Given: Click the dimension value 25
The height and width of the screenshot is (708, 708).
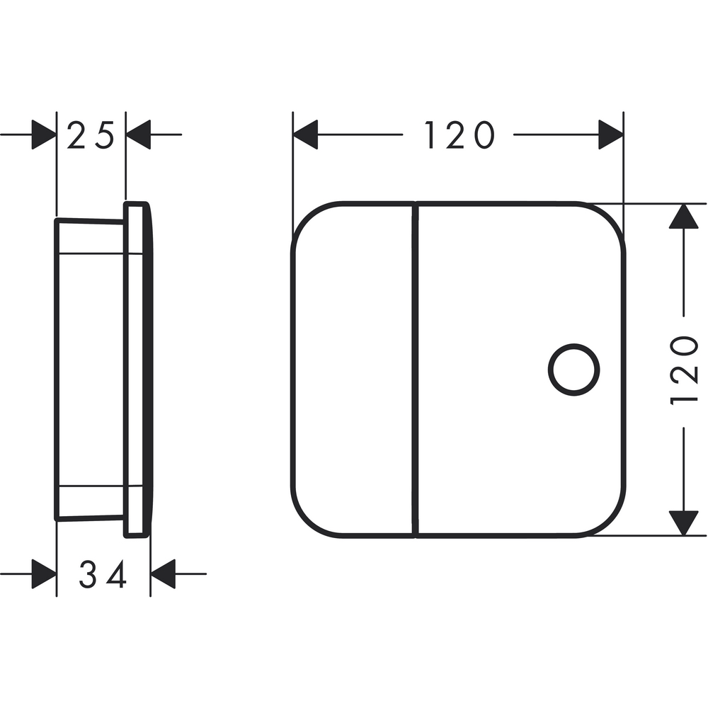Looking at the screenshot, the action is (91, 135).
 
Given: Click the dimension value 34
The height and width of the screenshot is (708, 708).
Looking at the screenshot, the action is (102, 573).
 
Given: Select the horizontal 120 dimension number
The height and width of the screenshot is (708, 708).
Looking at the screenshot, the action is (459, 135).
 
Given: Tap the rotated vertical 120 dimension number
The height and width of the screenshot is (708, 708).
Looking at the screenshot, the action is (684, 370).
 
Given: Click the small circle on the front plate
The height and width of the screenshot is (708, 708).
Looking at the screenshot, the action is (574, 370).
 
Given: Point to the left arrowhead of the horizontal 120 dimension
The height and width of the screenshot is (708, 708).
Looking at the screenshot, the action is (305, 135).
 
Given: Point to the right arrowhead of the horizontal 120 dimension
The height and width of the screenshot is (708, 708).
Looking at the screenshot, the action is (611, 135).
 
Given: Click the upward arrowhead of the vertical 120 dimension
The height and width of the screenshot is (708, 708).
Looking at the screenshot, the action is (684, 216).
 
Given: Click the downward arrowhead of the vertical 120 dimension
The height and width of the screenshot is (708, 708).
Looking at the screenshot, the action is (684, 523).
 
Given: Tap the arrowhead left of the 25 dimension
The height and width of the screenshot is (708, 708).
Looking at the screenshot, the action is (44, 135).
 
